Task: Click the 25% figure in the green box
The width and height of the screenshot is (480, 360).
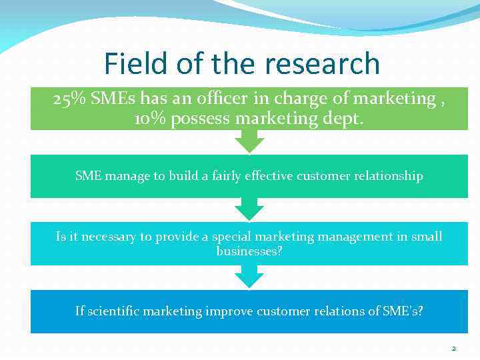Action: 69,99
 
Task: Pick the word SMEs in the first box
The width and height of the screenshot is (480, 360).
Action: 113,99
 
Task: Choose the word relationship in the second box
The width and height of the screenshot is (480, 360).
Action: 391,176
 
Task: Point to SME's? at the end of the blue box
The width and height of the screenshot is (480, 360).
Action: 401,311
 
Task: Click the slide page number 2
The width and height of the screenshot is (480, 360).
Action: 453,349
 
